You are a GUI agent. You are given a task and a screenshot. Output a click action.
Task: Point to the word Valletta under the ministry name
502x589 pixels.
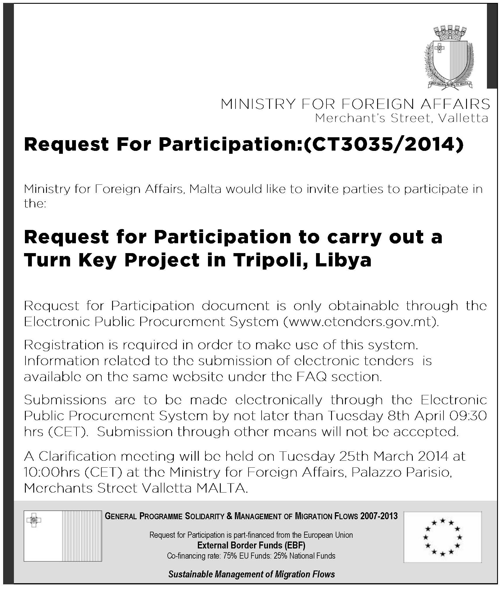(463, 118)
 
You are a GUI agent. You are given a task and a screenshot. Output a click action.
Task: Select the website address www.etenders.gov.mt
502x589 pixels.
(360, 322)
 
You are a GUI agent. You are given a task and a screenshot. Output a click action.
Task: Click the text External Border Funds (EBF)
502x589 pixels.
(251, 545)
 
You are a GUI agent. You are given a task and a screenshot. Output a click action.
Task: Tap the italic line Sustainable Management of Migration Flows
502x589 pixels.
(251, 574)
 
